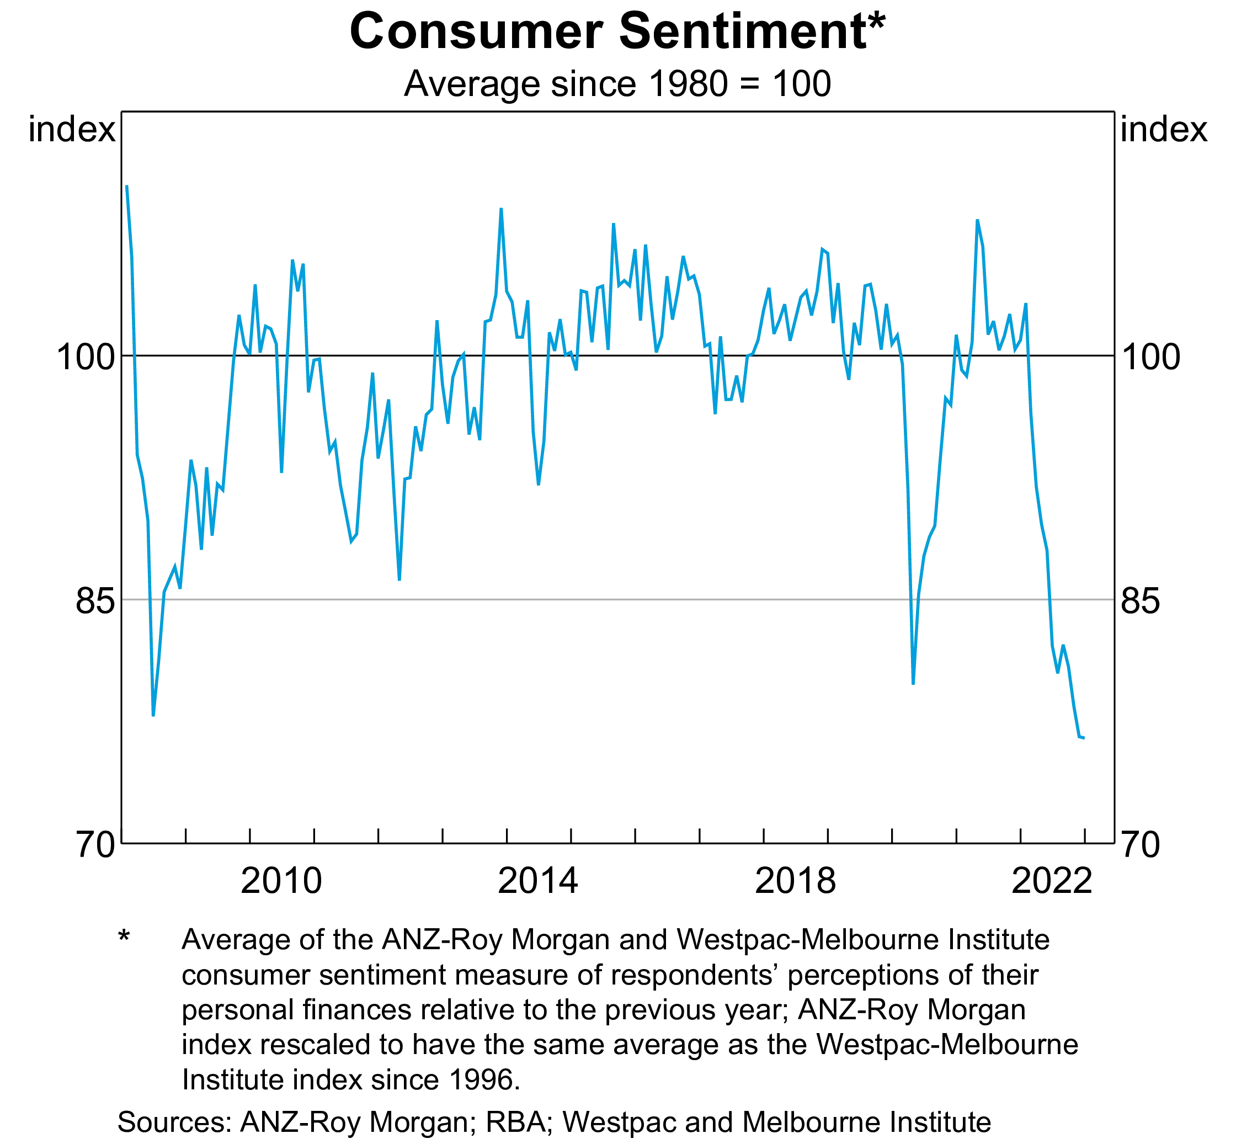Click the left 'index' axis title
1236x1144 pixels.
coord(72,131)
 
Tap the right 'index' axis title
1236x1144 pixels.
coord(1164,131)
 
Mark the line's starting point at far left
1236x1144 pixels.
coord(126,186)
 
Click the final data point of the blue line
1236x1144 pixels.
coord(1084,738)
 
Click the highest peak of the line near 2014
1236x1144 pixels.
coord(502,209)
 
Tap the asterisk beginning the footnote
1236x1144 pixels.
coord(124,936)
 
